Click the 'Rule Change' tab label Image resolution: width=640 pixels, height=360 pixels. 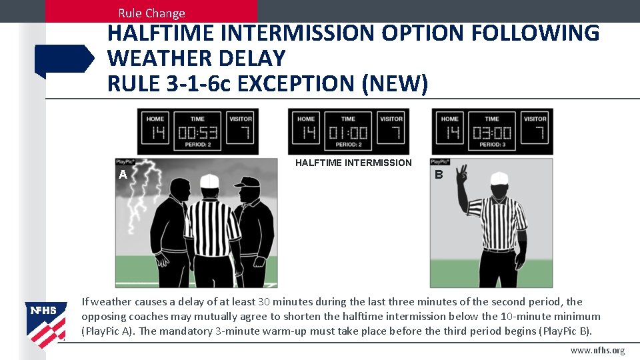pyautogui.click(x=151, y=13)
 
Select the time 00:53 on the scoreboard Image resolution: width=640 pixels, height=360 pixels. pyautogui.click(x=198, y=133)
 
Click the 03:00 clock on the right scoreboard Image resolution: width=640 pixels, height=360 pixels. pyautogui.click(x=492, y=133)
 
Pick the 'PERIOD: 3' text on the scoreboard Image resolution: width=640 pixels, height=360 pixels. pyautogui.click(x=492, y=145)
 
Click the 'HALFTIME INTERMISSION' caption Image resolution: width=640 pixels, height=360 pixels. pyautogui.click(x=353, y=163)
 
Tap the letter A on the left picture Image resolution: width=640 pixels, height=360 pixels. pyautogui.click(x=123, y=175)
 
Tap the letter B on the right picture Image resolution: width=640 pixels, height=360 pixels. pyautogui.click(x=439, y=175)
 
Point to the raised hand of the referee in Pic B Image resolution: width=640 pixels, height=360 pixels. pyautogui.click(x=461, y=177)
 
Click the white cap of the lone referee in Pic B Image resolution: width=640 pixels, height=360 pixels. pyautogui.click(x=499, y=178)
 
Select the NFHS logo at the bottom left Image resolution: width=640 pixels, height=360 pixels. pyautogui.click(x=45, y=319)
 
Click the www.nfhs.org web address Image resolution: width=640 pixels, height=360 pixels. pyautogui.click(x=597, y=351)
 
